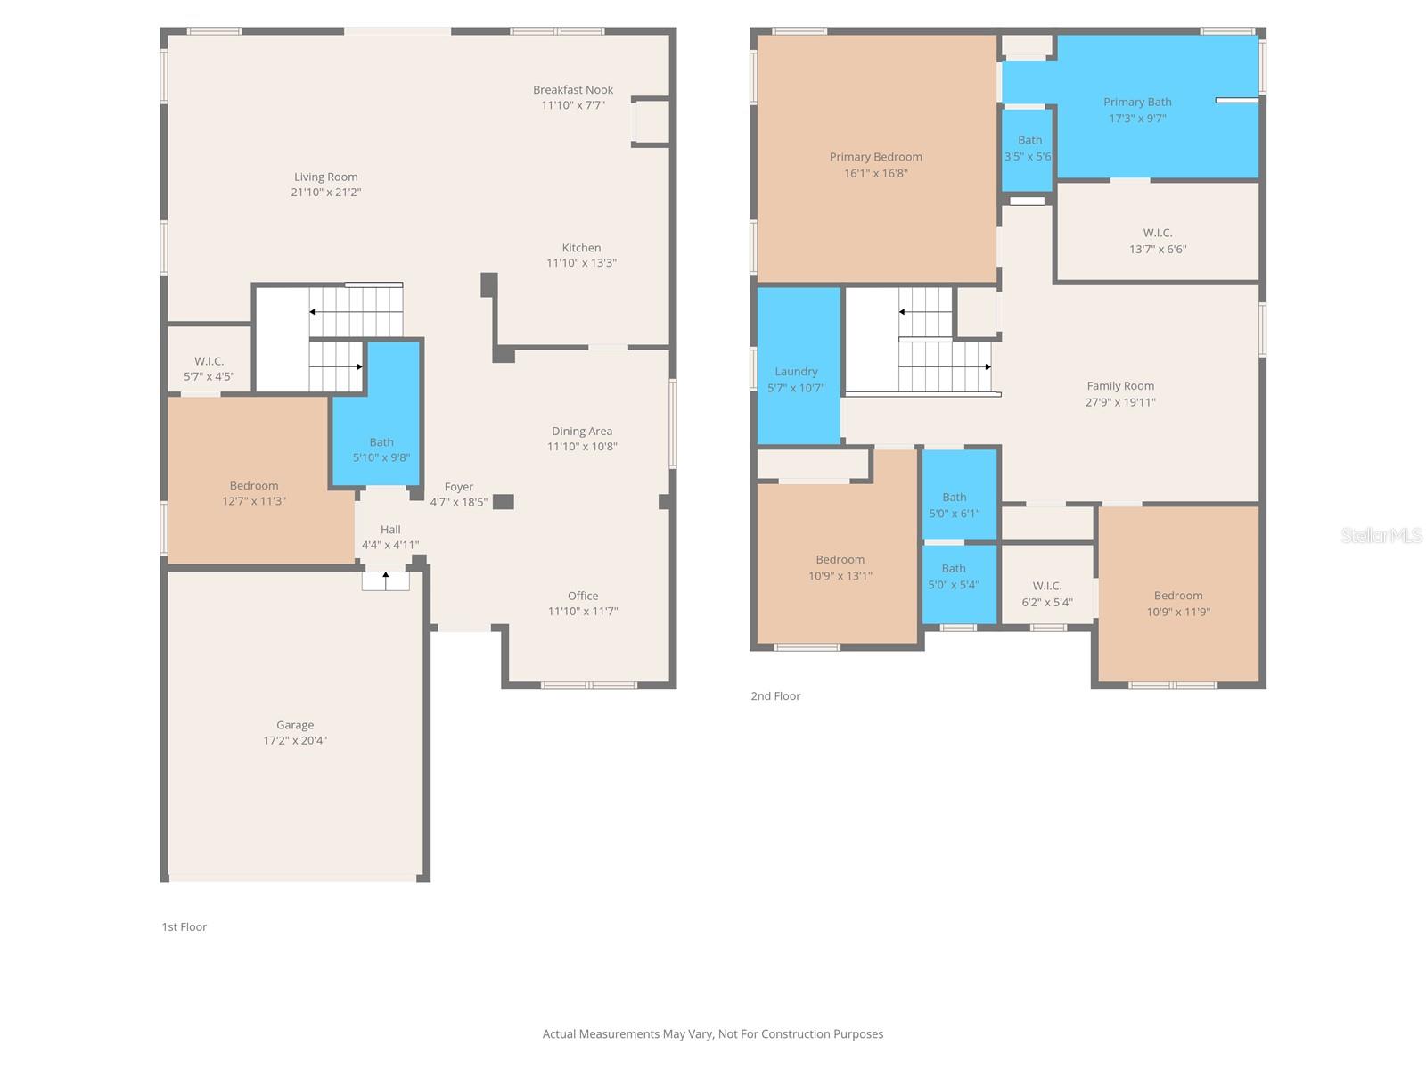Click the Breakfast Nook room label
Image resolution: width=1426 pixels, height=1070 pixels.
pyautogui.click(x=573, y=90)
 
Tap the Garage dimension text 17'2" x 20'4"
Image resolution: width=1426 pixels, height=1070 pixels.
pyautogui.click(x=295, y=740)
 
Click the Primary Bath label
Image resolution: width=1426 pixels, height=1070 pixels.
pyautogui.click(x=1137, y=103)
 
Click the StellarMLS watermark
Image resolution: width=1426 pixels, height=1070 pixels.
pyautogui.click(x=1381, y=535)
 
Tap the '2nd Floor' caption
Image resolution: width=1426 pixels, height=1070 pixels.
pyautogui.click(x=775, y=696)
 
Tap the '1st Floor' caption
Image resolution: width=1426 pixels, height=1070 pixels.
pyautogui.click(x=184, y=927)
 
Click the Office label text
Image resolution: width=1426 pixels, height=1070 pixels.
pyautogui.click(x=583, y=596)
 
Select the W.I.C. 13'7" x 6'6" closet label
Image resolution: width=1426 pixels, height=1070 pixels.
pyautogui.click(x=1157, y=234)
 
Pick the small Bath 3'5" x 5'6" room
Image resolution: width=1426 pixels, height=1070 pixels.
pyautogui.click(x=1028, y=149)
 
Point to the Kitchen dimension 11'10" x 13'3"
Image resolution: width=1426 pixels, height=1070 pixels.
pyautogui.click(x=581, y=263)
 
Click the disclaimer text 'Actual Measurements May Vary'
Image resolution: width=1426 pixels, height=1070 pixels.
pyautogui.click(x=713, y=1034)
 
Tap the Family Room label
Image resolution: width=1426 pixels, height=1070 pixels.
pyautogui.click(x=1120, y=386)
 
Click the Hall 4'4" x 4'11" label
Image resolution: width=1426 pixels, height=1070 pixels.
pyautogui.click(x=390, y=530)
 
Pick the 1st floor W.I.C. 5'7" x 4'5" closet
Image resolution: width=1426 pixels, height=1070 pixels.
pyautogui.click(x=209, y=360)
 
